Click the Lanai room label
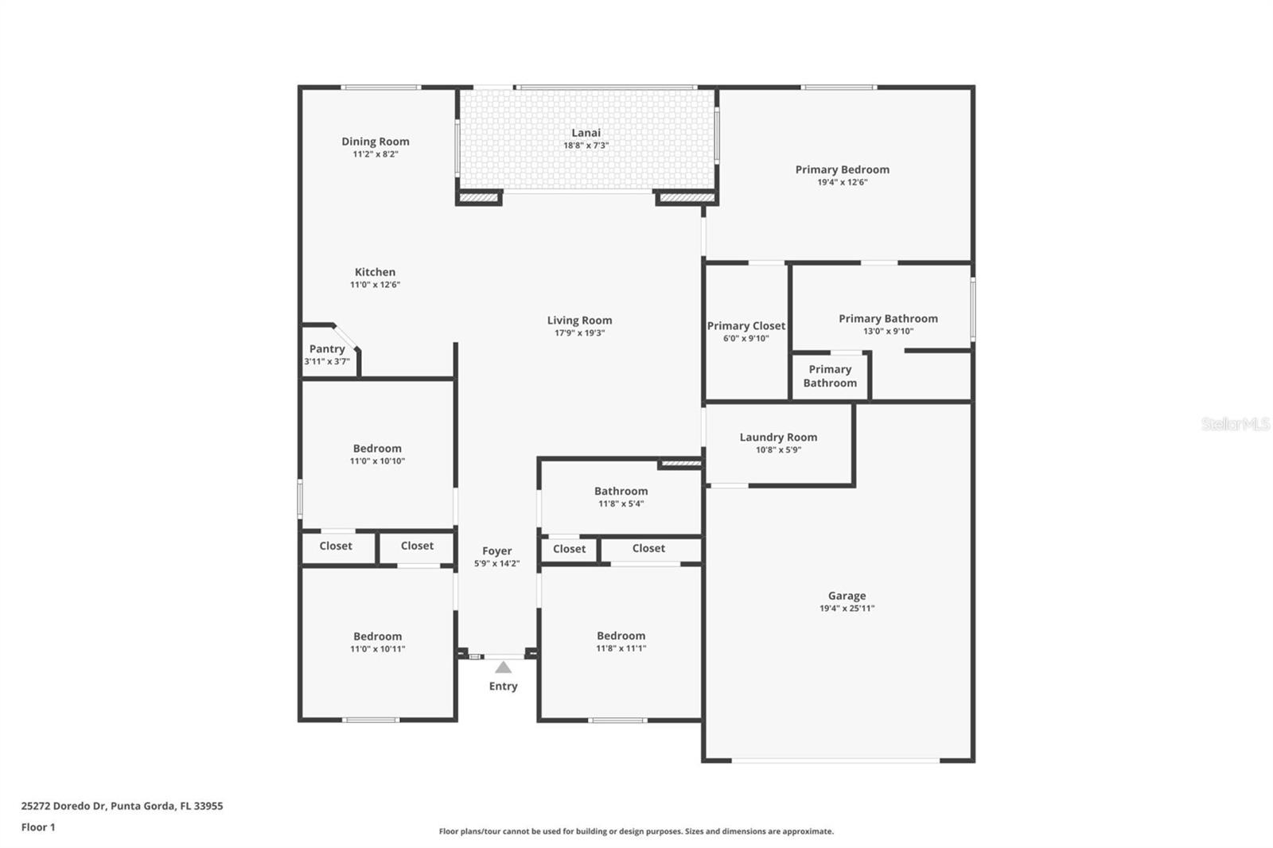586,133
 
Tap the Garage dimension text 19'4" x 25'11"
847,609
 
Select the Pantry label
327,348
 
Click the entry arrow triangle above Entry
503,667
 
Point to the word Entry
503,686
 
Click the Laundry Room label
778,437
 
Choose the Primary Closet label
746,325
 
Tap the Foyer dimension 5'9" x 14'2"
496,564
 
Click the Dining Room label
376,142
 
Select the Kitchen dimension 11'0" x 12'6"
375,285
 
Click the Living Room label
579,321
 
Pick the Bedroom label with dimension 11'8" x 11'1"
621,636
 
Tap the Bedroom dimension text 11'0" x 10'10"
377,461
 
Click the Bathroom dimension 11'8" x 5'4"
621,504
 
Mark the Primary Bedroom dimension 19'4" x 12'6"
842,182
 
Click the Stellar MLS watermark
1235,424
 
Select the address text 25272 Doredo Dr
64,806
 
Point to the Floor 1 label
38,827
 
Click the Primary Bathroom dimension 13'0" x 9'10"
888,332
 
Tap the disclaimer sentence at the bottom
636,831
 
